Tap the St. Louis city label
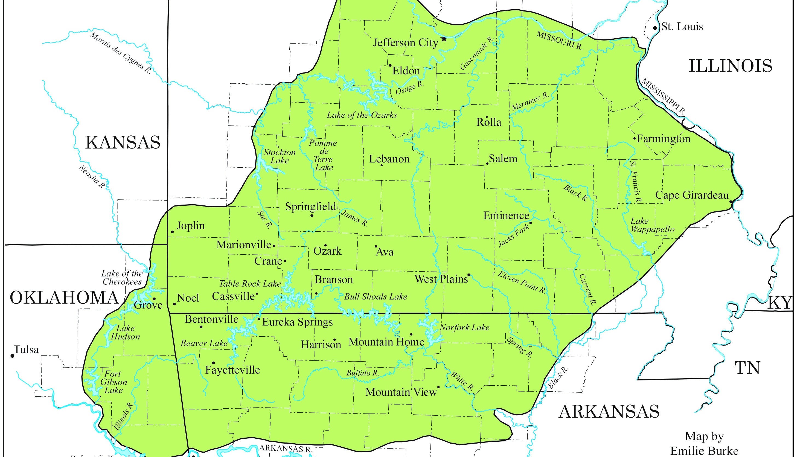pos(682,27)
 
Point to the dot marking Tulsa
pos(13,356)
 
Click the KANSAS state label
pos(123,142)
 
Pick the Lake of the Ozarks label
pos(362,115)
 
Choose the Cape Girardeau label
pos(692,195)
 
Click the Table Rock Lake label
pos(250,284)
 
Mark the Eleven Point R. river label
pos(522,283)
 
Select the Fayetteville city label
pos(232,370)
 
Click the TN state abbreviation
pos(747,368)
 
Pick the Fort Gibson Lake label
pos(114,382)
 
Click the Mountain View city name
pos(401,392)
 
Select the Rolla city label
pos(489,122)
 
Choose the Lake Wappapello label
pos(652,225)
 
